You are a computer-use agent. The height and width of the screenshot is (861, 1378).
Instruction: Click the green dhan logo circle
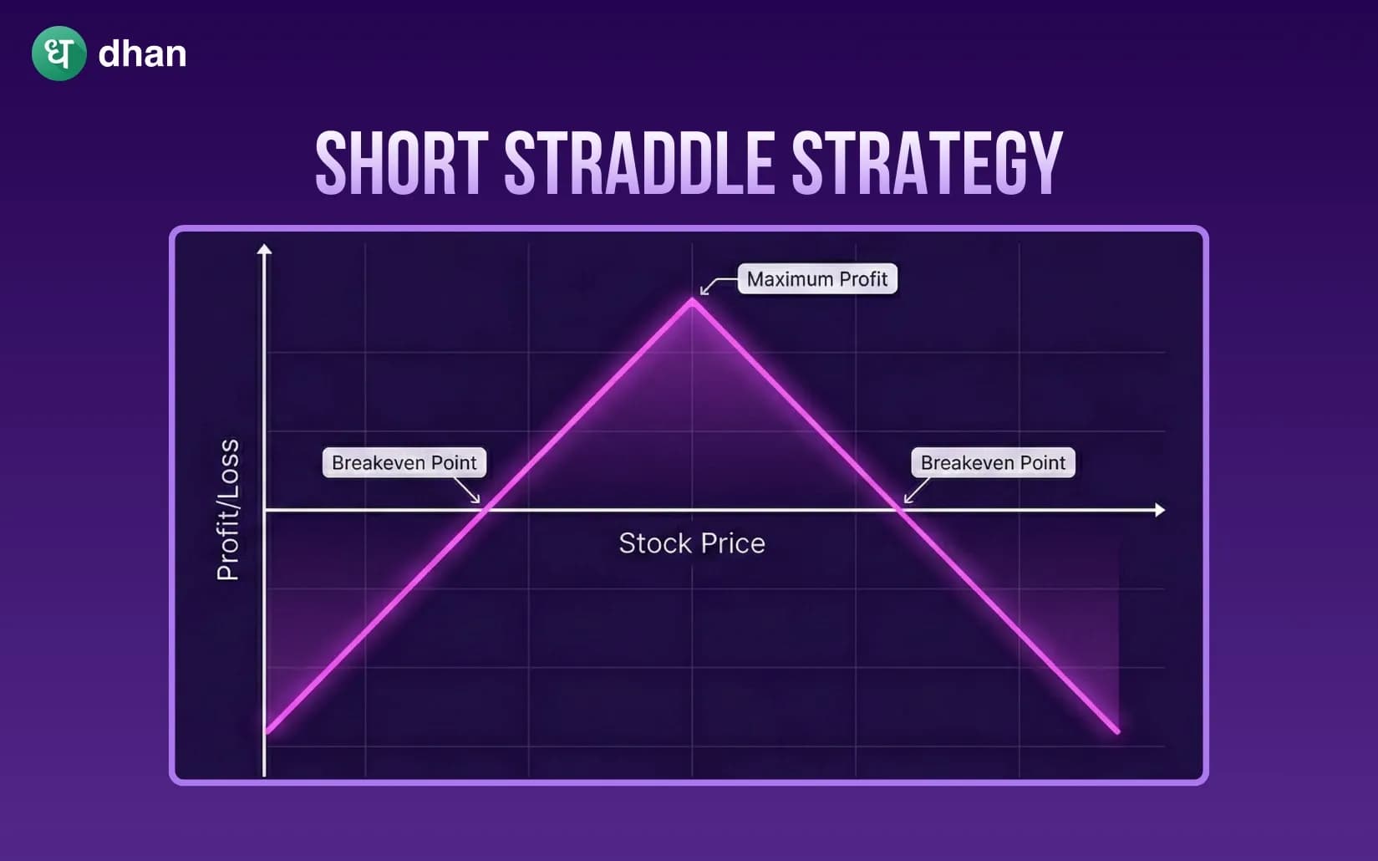(58, 53)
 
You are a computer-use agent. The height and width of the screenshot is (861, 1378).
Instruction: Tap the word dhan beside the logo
(142, 54)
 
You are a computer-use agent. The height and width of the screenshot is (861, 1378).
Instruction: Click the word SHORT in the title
(401, 163)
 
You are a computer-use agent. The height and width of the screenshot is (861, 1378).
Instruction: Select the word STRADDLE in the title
(639, 163)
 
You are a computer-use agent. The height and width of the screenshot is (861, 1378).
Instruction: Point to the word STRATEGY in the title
(926, 163)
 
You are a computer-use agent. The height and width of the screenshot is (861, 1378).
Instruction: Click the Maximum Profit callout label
(816, 279)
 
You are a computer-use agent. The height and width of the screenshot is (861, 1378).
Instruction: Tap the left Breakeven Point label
(404, 462)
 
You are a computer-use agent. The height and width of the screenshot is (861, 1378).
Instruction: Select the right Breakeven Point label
(992, 462)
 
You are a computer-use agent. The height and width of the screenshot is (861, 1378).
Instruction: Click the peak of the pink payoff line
(692, 301)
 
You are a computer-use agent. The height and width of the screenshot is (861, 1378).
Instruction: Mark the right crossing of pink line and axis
(898, 509)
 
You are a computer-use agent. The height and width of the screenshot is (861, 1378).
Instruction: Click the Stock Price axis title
(691, 543)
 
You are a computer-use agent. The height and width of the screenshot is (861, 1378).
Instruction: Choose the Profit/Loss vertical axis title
(227, 509)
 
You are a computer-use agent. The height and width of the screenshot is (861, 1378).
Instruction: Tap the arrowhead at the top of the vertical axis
(264, 249)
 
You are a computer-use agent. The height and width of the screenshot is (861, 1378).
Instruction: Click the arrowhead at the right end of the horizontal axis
(1159, 509)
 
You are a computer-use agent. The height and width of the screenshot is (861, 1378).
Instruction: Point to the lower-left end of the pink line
(268, 731)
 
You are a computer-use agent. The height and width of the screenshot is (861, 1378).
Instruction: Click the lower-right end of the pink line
(1116, 731)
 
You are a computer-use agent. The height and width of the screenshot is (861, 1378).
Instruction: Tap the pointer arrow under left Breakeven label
(469, 491)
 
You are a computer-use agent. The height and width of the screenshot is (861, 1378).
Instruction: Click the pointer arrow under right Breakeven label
(916, 491)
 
